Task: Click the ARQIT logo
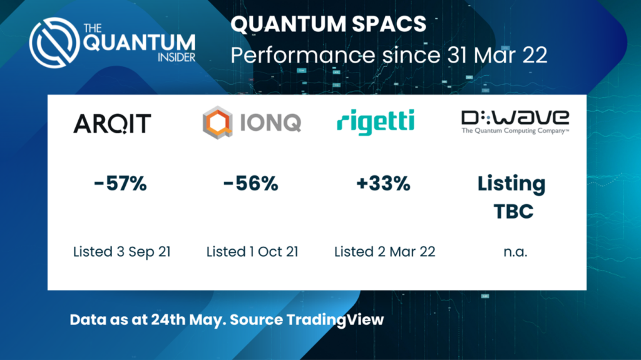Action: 112,123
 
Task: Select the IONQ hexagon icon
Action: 217,122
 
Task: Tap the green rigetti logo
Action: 376,120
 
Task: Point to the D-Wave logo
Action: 515,118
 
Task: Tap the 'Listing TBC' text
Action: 511,197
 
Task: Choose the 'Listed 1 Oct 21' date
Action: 252,252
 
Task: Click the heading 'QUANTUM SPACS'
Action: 329,25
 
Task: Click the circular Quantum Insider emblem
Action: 55,42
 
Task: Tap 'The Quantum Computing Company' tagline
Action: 515,131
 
